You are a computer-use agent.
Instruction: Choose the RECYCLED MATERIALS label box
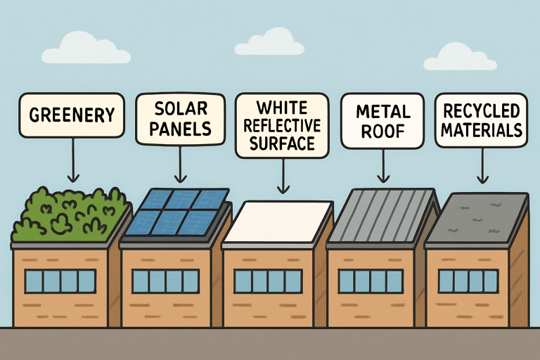pyautogui.click(x=481, y=120)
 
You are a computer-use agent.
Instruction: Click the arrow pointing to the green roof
pyautogui.click(x=71, y=161)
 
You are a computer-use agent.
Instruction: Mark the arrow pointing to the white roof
pyautogui.click(x=283, y=176)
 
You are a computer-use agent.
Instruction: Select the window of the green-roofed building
pyautogui.click(x=60, y=281)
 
